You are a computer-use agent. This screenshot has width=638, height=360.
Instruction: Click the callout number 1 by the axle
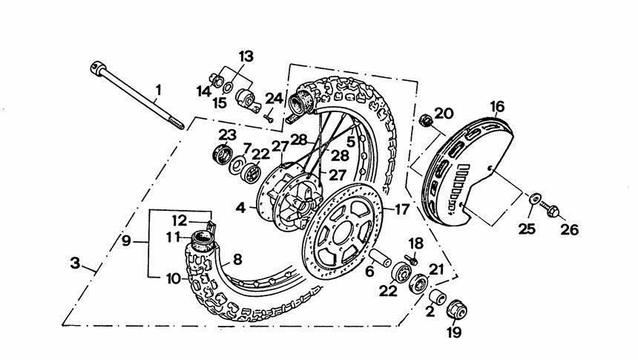coord(157,92)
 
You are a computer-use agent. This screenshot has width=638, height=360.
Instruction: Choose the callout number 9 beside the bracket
coord(125,240)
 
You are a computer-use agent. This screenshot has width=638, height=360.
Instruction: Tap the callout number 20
coord(444,113)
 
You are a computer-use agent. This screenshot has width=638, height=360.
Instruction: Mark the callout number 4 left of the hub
coord(240,209)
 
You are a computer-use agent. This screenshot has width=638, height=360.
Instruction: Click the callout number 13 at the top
coord(246,56)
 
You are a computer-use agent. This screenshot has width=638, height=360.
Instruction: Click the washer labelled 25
coord(534,198)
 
